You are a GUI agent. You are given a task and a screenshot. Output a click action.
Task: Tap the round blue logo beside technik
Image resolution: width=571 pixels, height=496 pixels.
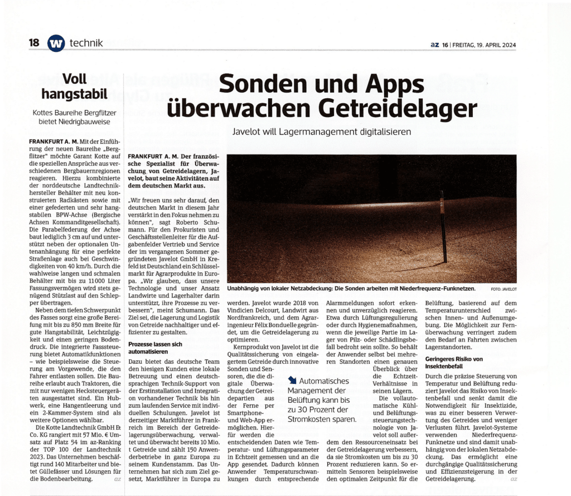tap(56, 44)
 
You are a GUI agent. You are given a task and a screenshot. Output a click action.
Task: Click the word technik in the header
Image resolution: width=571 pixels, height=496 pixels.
tap(86, 43)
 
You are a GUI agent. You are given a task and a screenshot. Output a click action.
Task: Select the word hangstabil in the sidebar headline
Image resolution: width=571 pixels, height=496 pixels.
tap(74, 93)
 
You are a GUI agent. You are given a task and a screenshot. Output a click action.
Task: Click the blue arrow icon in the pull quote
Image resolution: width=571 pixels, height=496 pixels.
tap(292, 381)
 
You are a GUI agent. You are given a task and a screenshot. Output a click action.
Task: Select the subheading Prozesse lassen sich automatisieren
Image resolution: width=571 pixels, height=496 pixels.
tap(155, 348)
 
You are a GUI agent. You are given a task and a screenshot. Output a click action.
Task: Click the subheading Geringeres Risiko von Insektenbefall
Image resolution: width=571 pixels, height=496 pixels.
tap(455, 363)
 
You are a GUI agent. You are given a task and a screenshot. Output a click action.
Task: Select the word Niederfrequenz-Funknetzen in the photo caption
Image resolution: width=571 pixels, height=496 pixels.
tap(437, 288)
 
